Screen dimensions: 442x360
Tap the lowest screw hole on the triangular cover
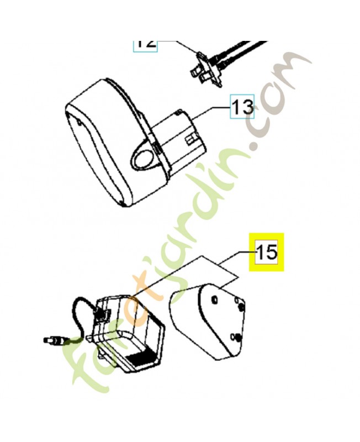237,336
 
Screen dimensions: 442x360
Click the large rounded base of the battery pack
99,149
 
